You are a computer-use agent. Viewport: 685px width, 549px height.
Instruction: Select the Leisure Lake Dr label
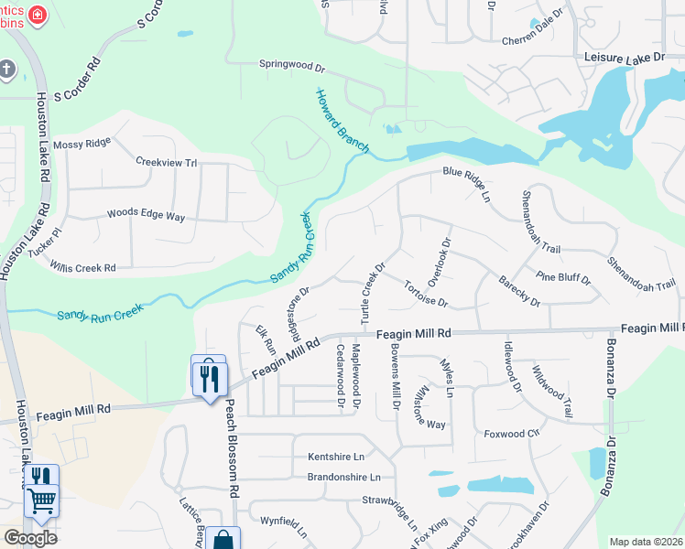pyautogui.click(x=625, y=57)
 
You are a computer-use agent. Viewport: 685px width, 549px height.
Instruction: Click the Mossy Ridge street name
pyautogui.click(x=82, y=144)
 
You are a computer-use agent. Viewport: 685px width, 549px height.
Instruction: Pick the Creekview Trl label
pyautogui.click(x=166, y=162)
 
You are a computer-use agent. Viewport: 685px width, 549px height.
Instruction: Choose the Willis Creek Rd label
pyautogui.click(x=83, y=268)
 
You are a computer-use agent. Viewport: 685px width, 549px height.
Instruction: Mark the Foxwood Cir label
pyautogui.click(x=512, y=434)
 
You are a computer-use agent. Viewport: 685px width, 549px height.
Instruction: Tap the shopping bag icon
pyautogui.click(x=223, y=540)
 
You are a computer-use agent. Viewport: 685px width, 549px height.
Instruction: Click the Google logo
pyautogui.click(x=30, y=538)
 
